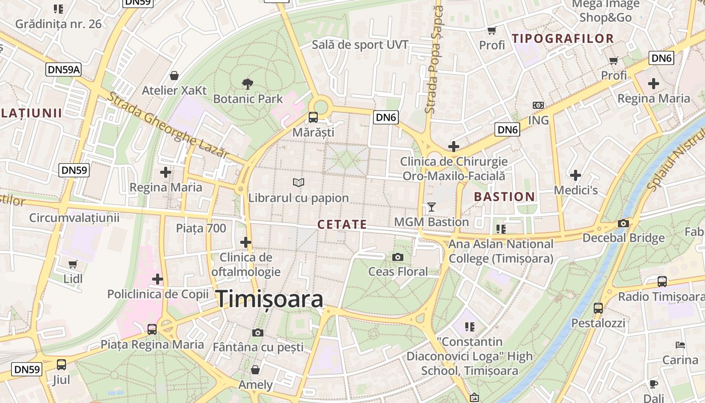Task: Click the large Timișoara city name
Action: (270, 299)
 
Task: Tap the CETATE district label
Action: (342, 225)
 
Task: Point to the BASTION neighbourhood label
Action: (505, 197)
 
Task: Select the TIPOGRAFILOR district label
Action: (562, 39)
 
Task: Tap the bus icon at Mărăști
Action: (313, 118)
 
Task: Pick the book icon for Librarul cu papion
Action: (299, 182)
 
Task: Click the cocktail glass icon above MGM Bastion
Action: (431, 207)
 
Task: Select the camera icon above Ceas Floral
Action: (398, 257)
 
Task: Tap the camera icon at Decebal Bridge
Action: (623, 224)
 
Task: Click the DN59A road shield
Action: (63, 70)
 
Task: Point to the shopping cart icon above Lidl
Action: (73, 264)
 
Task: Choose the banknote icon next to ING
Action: (538, 105)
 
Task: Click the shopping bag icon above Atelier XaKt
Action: (174, 76)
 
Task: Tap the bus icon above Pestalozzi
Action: (598, 308)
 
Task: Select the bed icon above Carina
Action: (680, 345)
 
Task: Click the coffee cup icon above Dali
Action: (654, 384)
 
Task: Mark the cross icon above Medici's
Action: (576, 175)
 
